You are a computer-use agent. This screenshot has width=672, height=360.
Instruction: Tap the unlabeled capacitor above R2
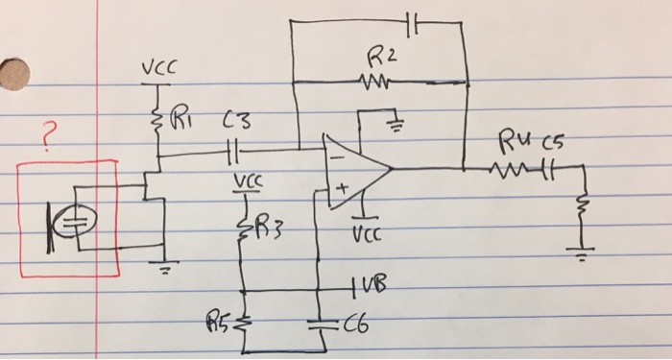click(412, 21)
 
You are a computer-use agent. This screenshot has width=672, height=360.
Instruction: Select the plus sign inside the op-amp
click(338, 191)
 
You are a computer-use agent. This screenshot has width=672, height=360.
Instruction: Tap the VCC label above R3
click(246, 180)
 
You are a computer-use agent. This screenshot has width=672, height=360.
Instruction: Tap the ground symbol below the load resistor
click(581, 254)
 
